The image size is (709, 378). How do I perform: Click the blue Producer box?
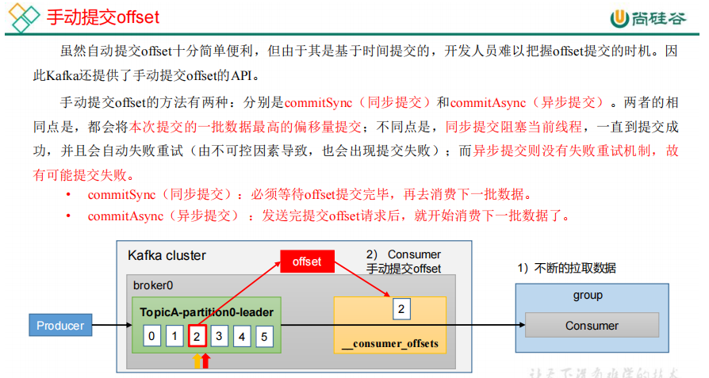point(60,325)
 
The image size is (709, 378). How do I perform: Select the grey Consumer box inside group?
point(592,326)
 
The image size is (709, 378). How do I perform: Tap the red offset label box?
point(307,262)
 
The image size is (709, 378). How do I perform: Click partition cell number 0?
point(151,336)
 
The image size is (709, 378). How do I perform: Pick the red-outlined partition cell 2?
point(197,336)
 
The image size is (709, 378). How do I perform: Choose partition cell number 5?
point(265,336)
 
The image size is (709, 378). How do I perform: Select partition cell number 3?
point(220,336)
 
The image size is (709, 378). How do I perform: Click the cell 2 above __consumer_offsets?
point(402,309)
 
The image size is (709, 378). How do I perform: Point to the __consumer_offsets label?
point(390,344)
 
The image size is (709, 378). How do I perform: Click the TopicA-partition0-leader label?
point(206,312)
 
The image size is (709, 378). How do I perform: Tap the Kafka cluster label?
point(167,255)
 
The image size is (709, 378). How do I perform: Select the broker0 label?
point(152,285)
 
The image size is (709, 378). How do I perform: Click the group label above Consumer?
point(588,296)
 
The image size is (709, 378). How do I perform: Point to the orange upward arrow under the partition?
point(196,361)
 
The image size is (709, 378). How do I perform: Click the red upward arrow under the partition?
point(206,361)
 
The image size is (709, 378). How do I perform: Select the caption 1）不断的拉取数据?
point(567,268)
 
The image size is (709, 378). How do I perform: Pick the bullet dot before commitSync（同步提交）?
point(68,195)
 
